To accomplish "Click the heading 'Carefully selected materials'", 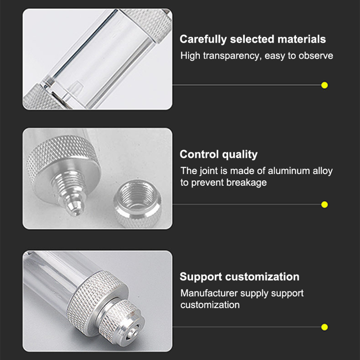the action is (253, 39).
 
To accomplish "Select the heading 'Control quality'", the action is (218, 154).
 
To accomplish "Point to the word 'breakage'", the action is (246, 183).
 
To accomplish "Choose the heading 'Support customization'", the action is (240, 277).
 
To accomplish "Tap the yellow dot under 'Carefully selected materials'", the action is (324, 85).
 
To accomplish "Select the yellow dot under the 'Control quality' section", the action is (324, 204).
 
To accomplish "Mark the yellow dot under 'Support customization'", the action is (324, 327).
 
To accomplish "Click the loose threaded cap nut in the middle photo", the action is (137, 203).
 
